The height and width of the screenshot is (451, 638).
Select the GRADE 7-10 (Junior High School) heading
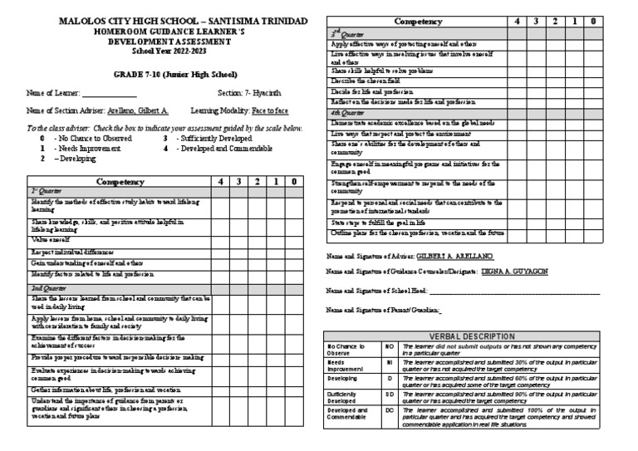point(161,75)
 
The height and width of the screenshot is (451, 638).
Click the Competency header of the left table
point(120,181)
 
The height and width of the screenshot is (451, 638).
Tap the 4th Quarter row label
point(347,111)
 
